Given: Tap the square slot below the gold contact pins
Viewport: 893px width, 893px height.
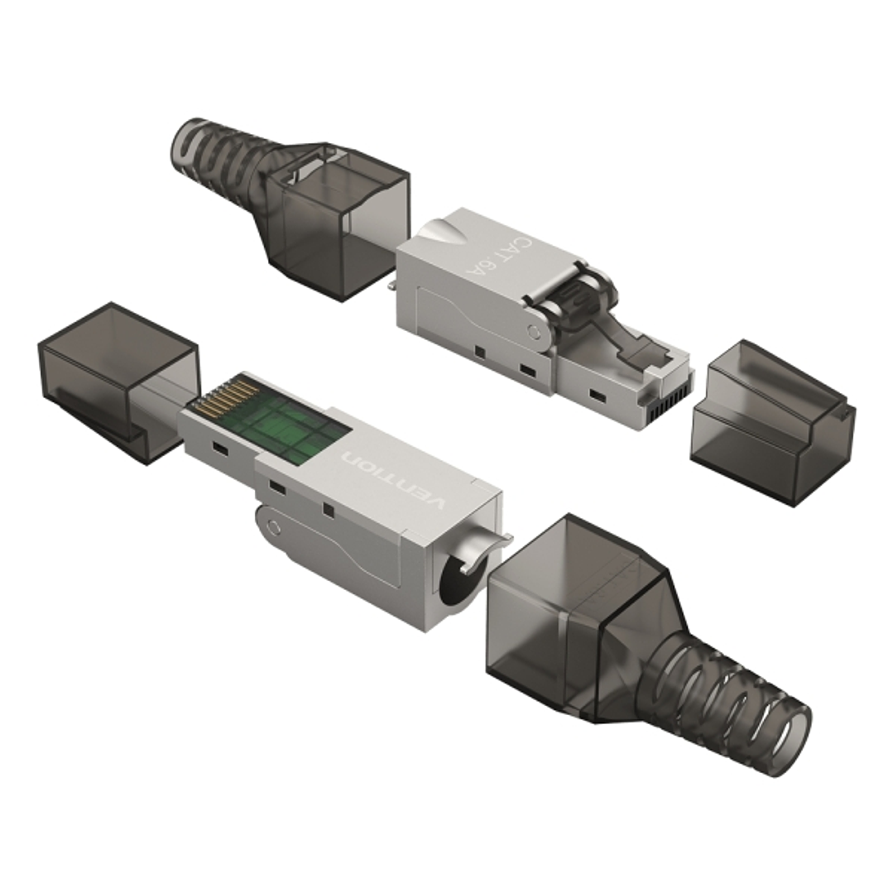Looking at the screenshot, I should pyautogui.click(x=220, y=448).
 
